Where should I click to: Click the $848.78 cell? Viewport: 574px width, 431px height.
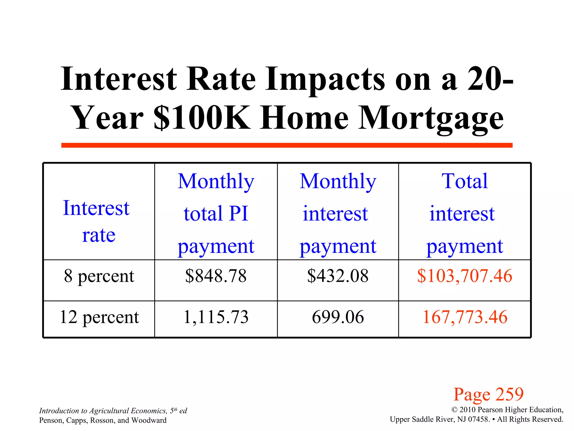(216, 276)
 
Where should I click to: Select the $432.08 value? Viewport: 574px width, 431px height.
(338, 276)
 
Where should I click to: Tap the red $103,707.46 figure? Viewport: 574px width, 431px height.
(464, 276)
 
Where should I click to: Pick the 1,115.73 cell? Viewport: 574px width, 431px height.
(216, 317)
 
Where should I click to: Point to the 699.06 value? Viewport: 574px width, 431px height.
(338, 317)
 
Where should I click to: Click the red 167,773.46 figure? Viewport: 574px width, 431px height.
(465, 317)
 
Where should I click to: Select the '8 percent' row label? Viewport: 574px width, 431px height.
(99, 276)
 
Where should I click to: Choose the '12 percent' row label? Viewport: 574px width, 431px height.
(99, 317)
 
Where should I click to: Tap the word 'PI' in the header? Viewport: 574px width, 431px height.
(239, 214)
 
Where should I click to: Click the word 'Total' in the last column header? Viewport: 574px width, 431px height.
(464, 181)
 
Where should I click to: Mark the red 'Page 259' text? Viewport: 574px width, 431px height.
(489, 394)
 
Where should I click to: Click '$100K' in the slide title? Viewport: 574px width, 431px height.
(202, 118)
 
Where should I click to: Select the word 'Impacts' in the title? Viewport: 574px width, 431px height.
(325, 80)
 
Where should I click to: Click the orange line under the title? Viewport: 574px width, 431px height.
(287, 145)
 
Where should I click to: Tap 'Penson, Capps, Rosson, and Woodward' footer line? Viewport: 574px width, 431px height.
(103, 420)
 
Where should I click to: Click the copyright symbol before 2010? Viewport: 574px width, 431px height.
(454, 410)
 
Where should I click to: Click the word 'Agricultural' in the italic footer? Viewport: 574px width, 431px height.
(109, 411)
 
